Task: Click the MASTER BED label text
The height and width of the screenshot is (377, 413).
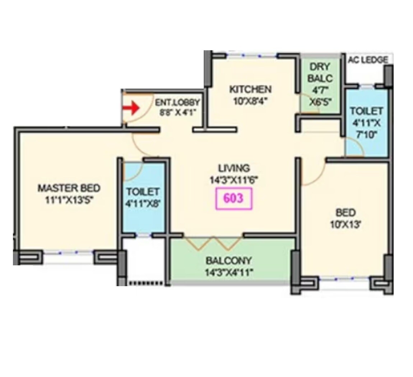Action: coord(69,188)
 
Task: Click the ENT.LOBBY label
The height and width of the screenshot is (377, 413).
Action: coord(177,102)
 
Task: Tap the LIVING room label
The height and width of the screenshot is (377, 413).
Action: coord(234,168)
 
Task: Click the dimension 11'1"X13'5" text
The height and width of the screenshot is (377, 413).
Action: coord(69,200)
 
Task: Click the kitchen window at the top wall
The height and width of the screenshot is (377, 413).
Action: coord(251,56)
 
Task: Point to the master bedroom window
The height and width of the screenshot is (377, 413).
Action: coord(68,253)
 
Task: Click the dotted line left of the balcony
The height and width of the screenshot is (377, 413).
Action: coord(145,283)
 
